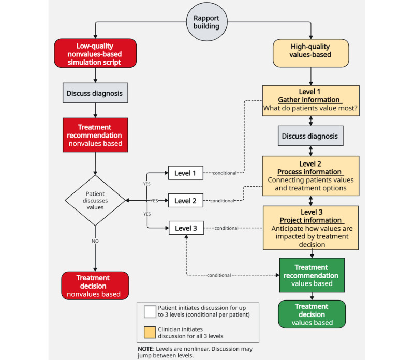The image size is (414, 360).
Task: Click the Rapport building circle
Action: [206, 22]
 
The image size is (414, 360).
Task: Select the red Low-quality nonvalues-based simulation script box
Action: [95, 53]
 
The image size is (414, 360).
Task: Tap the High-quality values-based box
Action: [311, 53]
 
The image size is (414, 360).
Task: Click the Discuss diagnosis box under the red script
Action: [95, 93]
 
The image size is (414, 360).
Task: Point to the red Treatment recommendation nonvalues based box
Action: [95, 135]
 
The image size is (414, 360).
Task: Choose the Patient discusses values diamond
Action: [95, 200]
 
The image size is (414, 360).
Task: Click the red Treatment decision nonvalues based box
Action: [95, 286]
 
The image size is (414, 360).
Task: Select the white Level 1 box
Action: [186, 173]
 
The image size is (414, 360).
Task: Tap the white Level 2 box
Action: [186, 200]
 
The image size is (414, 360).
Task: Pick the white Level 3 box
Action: [186, 228]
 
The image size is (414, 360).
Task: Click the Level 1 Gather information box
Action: [311, 100]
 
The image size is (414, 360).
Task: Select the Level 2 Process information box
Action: [310, 176]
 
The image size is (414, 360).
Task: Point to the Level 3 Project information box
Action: [311, 228]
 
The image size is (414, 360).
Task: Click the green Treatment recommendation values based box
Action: [312, 275]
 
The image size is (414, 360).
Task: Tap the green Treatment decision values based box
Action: [312, 314]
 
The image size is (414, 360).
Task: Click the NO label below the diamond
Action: [95, 241]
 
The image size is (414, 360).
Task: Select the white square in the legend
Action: [150, 312]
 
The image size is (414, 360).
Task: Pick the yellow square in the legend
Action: [150, 332]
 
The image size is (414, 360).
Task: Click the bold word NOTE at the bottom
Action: [145, 349]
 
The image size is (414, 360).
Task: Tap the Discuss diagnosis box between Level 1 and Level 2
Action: [310, 136]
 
